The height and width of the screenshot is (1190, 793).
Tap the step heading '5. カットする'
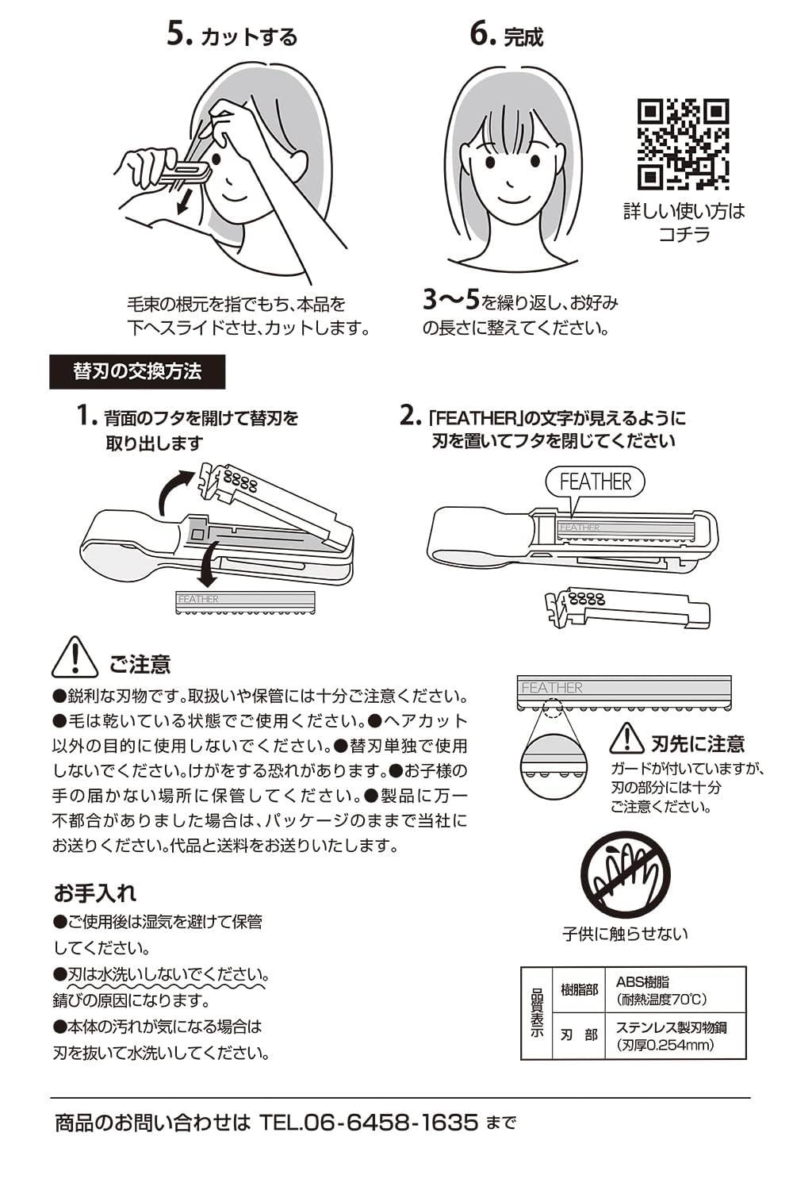tap(232, 36)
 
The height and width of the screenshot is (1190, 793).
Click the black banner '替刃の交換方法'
tap(137, 371)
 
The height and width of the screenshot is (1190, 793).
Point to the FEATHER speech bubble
tap(595, 482)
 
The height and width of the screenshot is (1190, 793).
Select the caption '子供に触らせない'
tap(625, 934)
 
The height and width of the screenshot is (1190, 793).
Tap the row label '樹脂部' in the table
tap(579, 990)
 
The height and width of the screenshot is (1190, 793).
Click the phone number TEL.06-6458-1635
tap(369, 1123)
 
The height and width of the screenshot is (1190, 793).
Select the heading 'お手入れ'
tap(95, 893)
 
